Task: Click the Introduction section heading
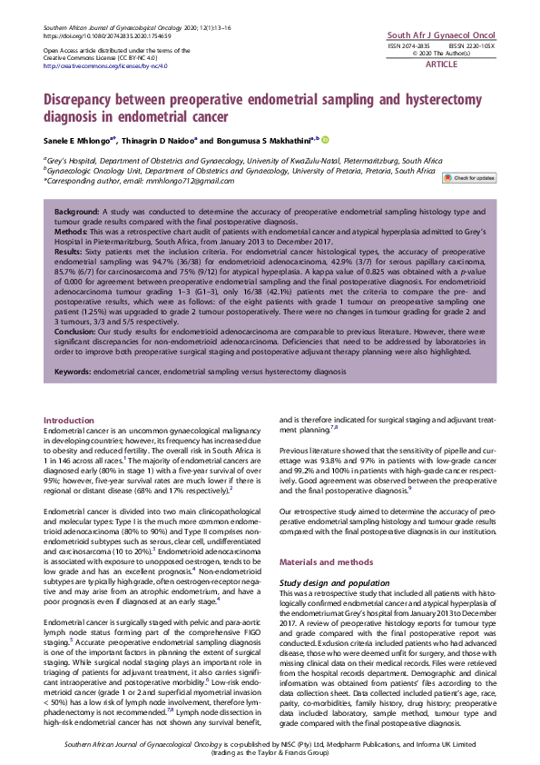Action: [69, 420]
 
